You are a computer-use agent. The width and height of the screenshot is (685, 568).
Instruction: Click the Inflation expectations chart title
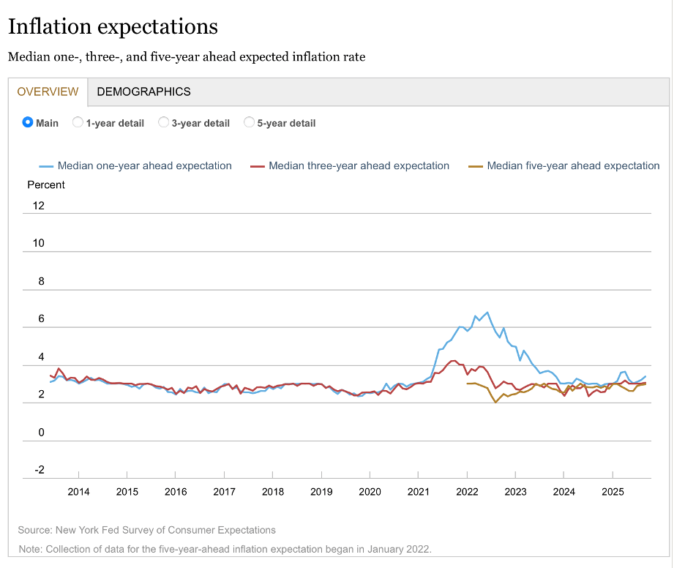113,27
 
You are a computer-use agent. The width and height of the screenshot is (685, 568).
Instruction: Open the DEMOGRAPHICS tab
143,91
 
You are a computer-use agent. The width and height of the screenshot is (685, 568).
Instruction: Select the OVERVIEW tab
48,91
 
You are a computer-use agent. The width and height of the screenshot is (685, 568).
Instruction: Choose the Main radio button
29,122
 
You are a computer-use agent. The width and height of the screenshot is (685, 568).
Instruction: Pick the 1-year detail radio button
78,122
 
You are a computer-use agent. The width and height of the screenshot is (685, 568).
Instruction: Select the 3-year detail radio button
164,122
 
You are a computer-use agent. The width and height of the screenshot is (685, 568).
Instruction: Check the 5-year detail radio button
250,122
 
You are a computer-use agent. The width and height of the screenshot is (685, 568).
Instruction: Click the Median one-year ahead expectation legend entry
144,166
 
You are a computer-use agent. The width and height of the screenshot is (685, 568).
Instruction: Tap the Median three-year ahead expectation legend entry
359,166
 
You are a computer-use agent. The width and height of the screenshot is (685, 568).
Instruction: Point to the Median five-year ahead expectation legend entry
573,166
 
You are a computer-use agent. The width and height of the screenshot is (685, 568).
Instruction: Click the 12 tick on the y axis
38,206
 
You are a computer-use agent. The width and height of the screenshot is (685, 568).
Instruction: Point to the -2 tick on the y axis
38,470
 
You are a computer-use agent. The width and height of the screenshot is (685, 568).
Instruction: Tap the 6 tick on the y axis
41,319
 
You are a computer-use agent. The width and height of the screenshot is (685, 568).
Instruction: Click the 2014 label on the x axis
78,492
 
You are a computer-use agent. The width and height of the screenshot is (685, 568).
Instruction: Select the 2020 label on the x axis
370,492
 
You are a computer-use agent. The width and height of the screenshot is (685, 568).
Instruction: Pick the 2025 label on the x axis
613,492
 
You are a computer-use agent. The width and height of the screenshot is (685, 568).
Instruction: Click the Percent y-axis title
46,185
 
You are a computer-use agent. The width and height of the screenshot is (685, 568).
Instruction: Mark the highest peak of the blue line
488,313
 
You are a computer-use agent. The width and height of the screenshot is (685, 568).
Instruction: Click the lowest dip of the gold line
495,402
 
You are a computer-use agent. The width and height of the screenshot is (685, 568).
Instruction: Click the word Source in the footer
33,530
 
